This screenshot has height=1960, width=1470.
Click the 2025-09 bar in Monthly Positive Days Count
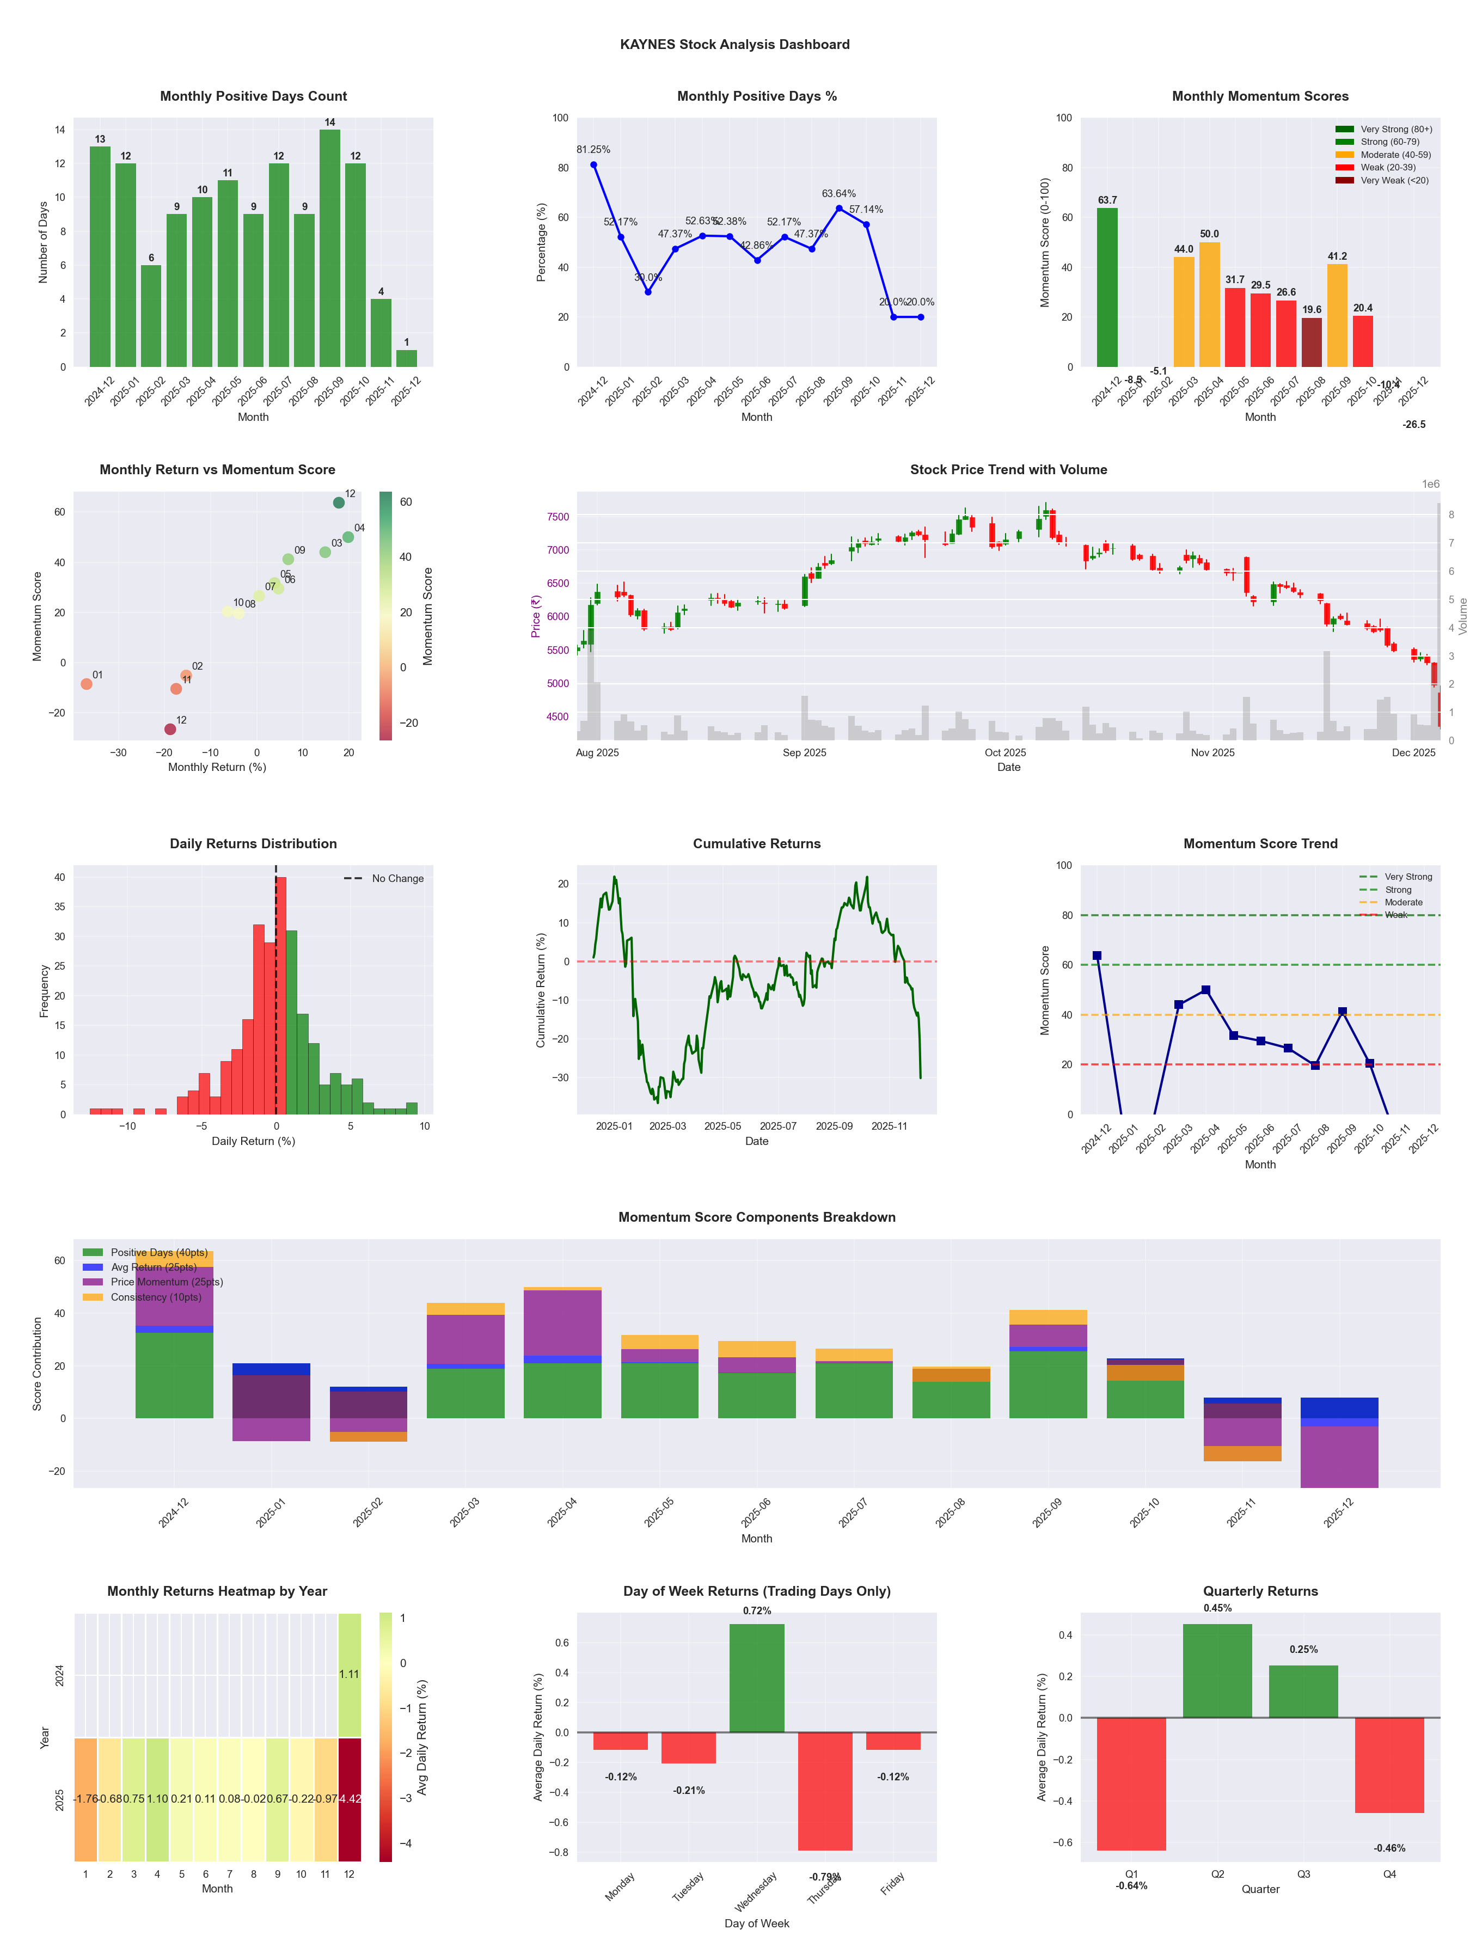329,248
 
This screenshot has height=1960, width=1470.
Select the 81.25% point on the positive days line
593,165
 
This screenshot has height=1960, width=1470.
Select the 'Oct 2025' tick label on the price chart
1005,753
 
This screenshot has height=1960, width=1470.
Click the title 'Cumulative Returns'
757,843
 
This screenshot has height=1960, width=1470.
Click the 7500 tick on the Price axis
558,517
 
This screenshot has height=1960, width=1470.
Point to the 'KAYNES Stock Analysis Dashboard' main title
734,44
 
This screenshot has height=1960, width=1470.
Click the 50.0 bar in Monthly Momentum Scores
1210,304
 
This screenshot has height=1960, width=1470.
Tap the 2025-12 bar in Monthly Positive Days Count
407,358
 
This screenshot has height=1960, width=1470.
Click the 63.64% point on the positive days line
839,208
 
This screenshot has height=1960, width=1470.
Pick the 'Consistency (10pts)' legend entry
156,1297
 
